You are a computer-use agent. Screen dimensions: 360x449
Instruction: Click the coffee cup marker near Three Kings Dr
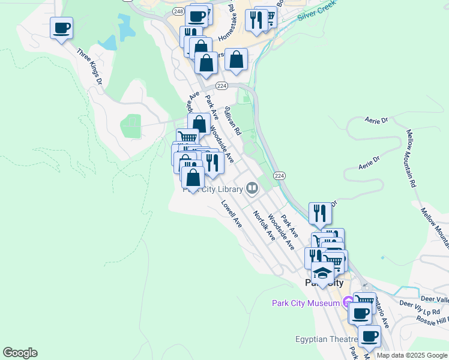[x=61, y=28]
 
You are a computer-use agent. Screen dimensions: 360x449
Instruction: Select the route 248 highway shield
[x=178, y=11]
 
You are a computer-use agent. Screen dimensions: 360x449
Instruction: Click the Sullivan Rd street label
[x=232, y=121]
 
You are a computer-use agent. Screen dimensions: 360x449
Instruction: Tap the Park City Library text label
[x=212, y=190]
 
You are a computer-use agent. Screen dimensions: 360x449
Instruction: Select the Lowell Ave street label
[x=231, y=214]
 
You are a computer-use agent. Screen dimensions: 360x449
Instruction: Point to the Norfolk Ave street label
[x=264, y=226]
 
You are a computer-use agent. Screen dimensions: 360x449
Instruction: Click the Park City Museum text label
[x=306, y=303]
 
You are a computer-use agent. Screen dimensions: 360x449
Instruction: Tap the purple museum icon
[x=347, y=302]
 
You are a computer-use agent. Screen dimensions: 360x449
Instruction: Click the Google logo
[x=20, y=353]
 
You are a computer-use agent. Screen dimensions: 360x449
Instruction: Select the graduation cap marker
[x=322, y=272]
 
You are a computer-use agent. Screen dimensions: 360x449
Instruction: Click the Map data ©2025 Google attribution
[x=412, y=355]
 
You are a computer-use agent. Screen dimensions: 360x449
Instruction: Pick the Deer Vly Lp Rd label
[x=420, y=308]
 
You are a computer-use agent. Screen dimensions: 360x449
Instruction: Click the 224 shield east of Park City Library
[x=279, y=175]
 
